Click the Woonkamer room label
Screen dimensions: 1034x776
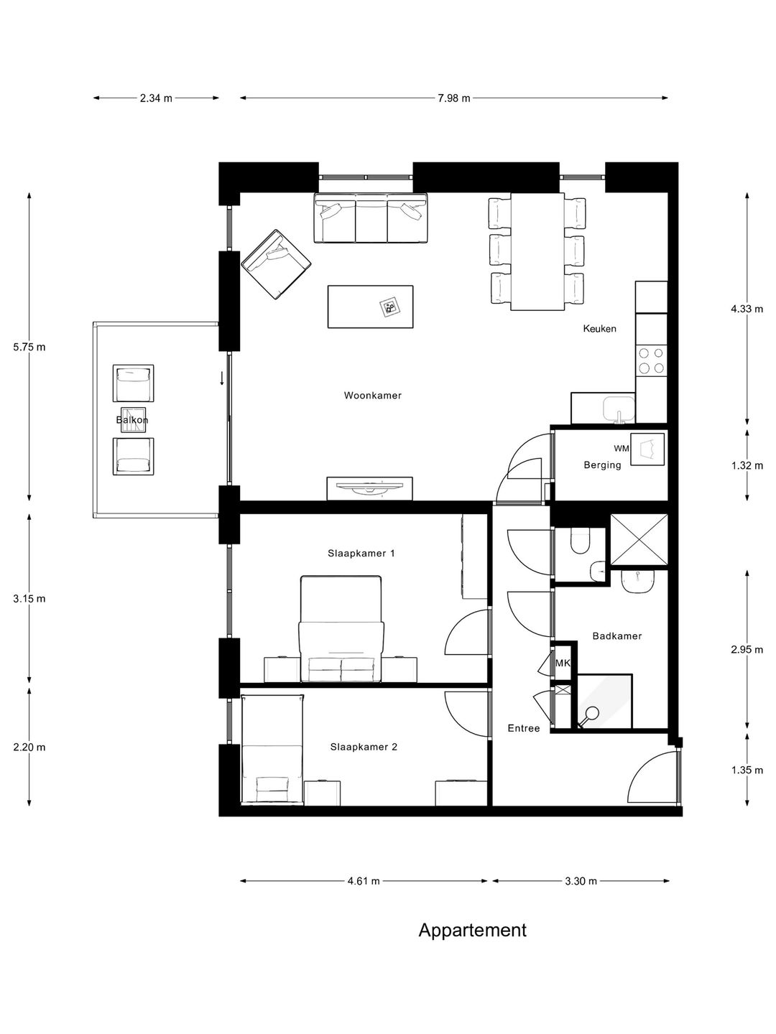372,396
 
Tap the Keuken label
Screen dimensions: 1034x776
599,329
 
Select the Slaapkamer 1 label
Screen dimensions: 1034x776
361,554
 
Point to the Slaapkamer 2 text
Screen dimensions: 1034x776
364,747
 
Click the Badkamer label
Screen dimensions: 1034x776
616,635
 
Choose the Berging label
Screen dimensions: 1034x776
602,465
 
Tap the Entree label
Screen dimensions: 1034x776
523,728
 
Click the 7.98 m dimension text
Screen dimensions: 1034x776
453,98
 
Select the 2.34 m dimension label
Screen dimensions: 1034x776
156,98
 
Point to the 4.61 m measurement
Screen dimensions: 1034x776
364,881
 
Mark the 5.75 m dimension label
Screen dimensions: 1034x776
29,347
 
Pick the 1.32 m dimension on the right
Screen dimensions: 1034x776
747,465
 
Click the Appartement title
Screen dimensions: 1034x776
472,931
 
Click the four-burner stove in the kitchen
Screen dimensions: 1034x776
651,360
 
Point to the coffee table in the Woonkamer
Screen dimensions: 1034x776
370,307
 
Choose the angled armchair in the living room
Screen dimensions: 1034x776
277,265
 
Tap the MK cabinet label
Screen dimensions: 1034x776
563,663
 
